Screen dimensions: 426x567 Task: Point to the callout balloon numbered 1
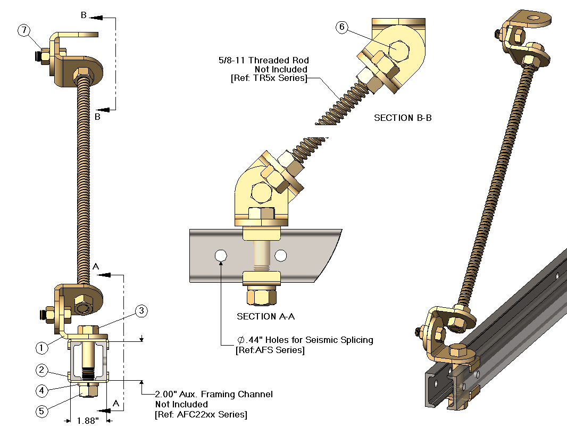tap(43, 348)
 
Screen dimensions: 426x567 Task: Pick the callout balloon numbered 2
tap(43, 370)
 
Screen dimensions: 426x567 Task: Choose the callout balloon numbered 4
tap(43, 390)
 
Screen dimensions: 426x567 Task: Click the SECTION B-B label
tap(403, 118)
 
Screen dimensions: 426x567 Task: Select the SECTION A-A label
tap(266, 316)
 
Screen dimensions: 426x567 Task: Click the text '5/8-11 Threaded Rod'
tap(264, 60)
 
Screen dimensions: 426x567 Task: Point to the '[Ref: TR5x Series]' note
tap(269, 78)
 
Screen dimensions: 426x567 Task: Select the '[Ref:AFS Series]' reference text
tap(270, 350)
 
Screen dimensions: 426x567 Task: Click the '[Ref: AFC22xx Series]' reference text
tap(201, 414)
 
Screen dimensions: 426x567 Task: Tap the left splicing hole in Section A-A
tap(220, 256)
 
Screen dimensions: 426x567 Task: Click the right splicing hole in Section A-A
tap(281, 256)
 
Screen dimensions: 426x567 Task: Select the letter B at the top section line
tap(84, 15)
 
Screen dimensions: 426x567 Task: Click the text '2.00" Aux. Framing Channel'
tap(214, 394)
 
